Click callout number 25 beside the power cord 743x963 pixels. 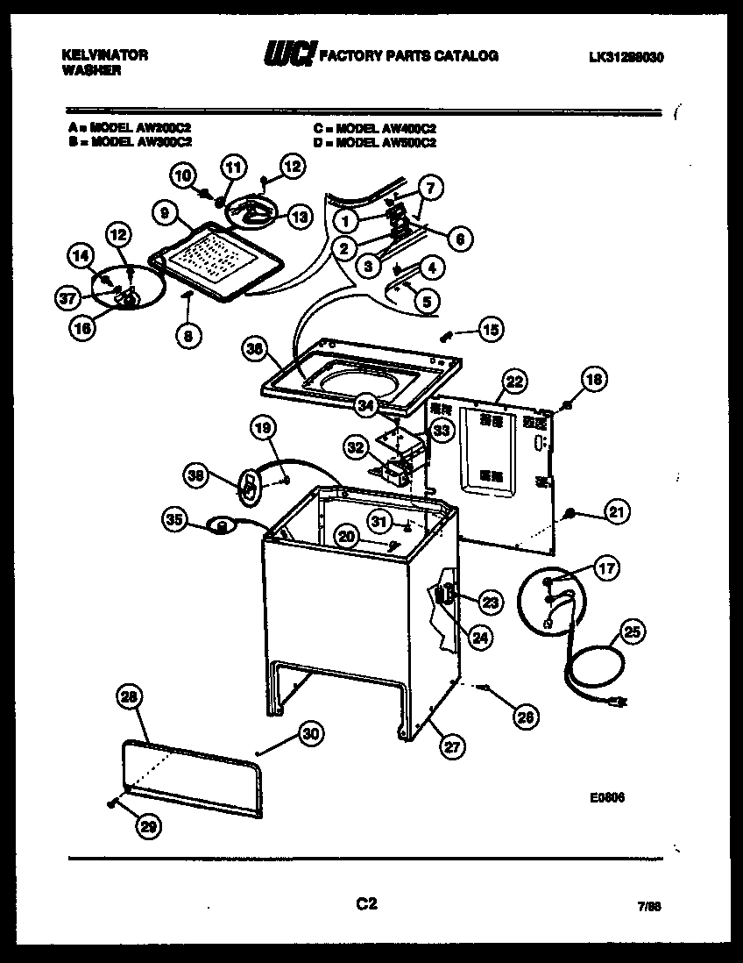pyautogui.click(x=632, y=629)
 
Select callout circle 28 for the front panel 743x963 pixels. pyautogui.click(x=129, y=697)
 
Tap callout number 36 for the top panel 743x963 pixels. pyautogui.click(x=254, y=350)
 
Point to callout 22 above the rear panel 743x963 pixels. pyautogui.click(x=515, y=382)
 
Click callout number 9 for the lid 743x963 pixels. pyautogui.click(x=163, y=211)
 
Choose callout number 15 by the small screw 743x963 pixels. pyautogui.click(x=491, y=331)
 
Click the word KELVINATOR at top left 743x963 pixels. pyautogui.click(x=104, y=54)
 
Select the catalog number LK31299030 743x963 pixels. pyautogui.click(x=626, y=57)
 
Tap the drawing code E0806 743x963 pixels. pyautogui.click(x=606, y=797)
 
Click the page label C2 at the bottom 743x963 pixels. pyautogui.click(x=366, y=903)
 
